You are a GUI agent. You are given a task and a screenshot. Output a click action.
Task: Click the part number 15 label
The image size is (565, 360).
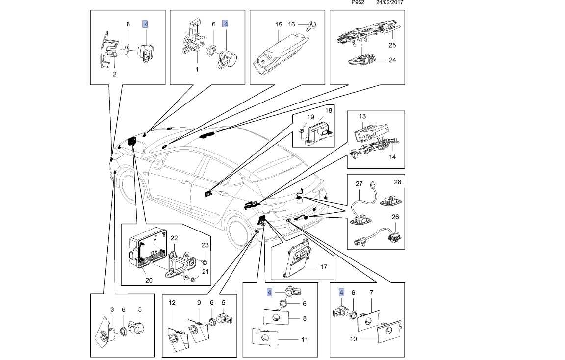pyautogui.click(x=278, y=24)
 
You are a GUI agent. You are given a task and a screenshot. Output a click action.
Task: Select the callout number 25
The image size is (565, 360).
pyautogui.click(x=392, y=45)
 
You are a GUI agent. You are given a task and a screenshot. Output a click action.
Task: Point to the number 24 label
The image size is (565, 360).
pyautogui.click(x=392, y=61)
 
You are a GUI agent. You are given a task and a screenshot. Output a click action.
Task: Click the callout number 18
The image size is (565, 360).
pyautogui.click(x=328, y=111)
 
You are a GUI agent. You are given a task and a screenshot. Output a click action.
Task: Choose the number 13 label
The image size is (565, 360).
pyautogui.click(x=362, y=117)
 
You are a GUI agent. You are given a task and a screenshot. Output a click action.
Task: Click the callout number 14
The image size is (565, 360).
pyautogui.click(x=391, y=157)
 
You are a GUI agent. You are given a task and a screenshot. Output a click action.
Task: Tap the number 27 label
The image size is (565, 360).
pyautogui.click(x=359, y=184)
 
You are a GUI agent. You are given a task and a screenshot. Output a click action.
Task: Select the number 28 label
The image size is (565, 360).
pyautogui.click(x=397, y=182)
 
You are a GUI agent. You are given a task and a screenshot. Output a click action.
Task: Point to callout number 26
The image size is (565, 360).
pyautogui.click(x=395, y=216)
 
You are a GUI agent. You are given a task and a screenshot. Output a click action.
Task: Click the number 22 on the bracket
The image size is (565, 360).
pyautogui.click(x=174, y=239)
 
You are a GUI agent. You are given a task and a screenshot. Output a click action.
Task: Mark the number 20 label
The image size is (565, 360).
pyautogui.click(x=149, y=280)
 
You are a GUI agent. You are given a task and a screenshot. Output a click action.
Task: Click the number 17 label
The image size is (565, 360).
pyautogui.click(x=323, y=267)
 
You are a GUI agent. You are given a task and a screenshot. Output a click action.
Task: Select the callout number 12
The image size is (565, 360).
pyautogui.click(x=172, y=302)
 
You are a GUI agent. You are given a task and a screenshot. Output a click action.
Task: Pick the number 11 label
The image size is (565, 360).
pyautogui.click(x=304, y=339)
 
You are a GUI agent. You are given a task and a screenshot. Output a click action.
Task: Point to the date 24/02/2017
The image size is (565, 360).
pyautogui.click(x=389, y=2)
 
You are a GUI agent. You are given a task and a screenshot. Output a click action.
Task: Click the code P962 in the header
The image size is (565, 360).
pyautogui.click(x=358, y=2)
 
